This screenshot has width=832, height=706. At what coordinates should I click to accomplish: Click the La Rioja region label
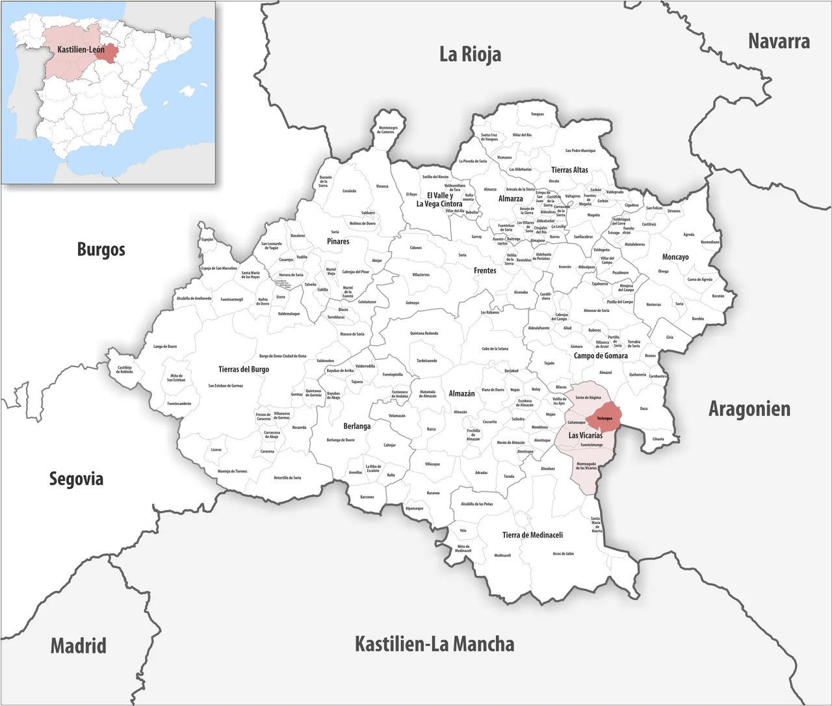pyautogui.click(x=470, y=54)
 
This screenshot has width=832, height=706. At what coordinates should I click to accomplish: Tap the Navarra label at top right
pyautogui.click(x=779, y=42)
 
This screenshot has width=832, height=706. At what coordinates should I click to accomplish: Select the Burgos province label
pyautogui.click(x=101, y=249)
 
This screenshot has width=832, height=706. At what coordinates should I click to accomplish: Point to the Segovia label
pyautogui.click(x=76, y=479)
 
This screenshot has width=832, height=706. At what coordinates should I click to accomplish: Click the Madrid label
pyautogui.click(x=78, y=646)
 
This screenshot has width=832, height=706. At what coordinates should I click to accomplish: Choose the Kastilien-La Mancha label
pyautogui.click(x=434, y=644)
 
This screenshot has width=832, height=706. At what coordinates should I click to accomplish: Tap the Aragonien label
pyautogui.click(x=749, y=409)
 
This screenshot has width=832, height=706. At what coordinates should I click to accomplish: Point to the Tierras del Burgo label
pyautogui.click(x=244, y=369)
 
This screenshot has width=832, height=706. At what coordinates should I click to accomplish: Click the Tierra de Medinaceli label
pyautogui.click(x=532, y=535)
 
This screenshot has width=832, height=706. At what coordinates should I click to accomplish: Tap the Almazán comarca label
pyautogui.click(x=461, y=394)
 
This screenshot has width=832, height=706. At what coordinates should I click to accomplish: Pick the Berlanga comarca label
pyautogui.click(x=357, y=426)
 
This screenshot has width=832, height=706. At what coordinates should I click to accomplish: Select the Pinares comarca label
pyautogui.click(x=338, y=242)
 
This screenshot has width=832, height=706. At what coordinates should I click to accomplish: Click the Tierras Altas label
pyautogui.click(x=569, y=170)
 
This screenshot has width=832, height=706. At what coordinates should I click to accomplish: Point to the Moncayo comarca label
pyautogui.click(x=675, y=257)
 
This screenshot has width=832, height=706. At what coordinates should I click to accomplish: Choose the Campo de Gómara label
pyautogui.click(x=601, y=356)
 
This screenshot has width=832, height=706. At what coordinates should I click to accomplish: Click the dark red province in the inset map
pyautogui.click(x=108, y=53)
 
